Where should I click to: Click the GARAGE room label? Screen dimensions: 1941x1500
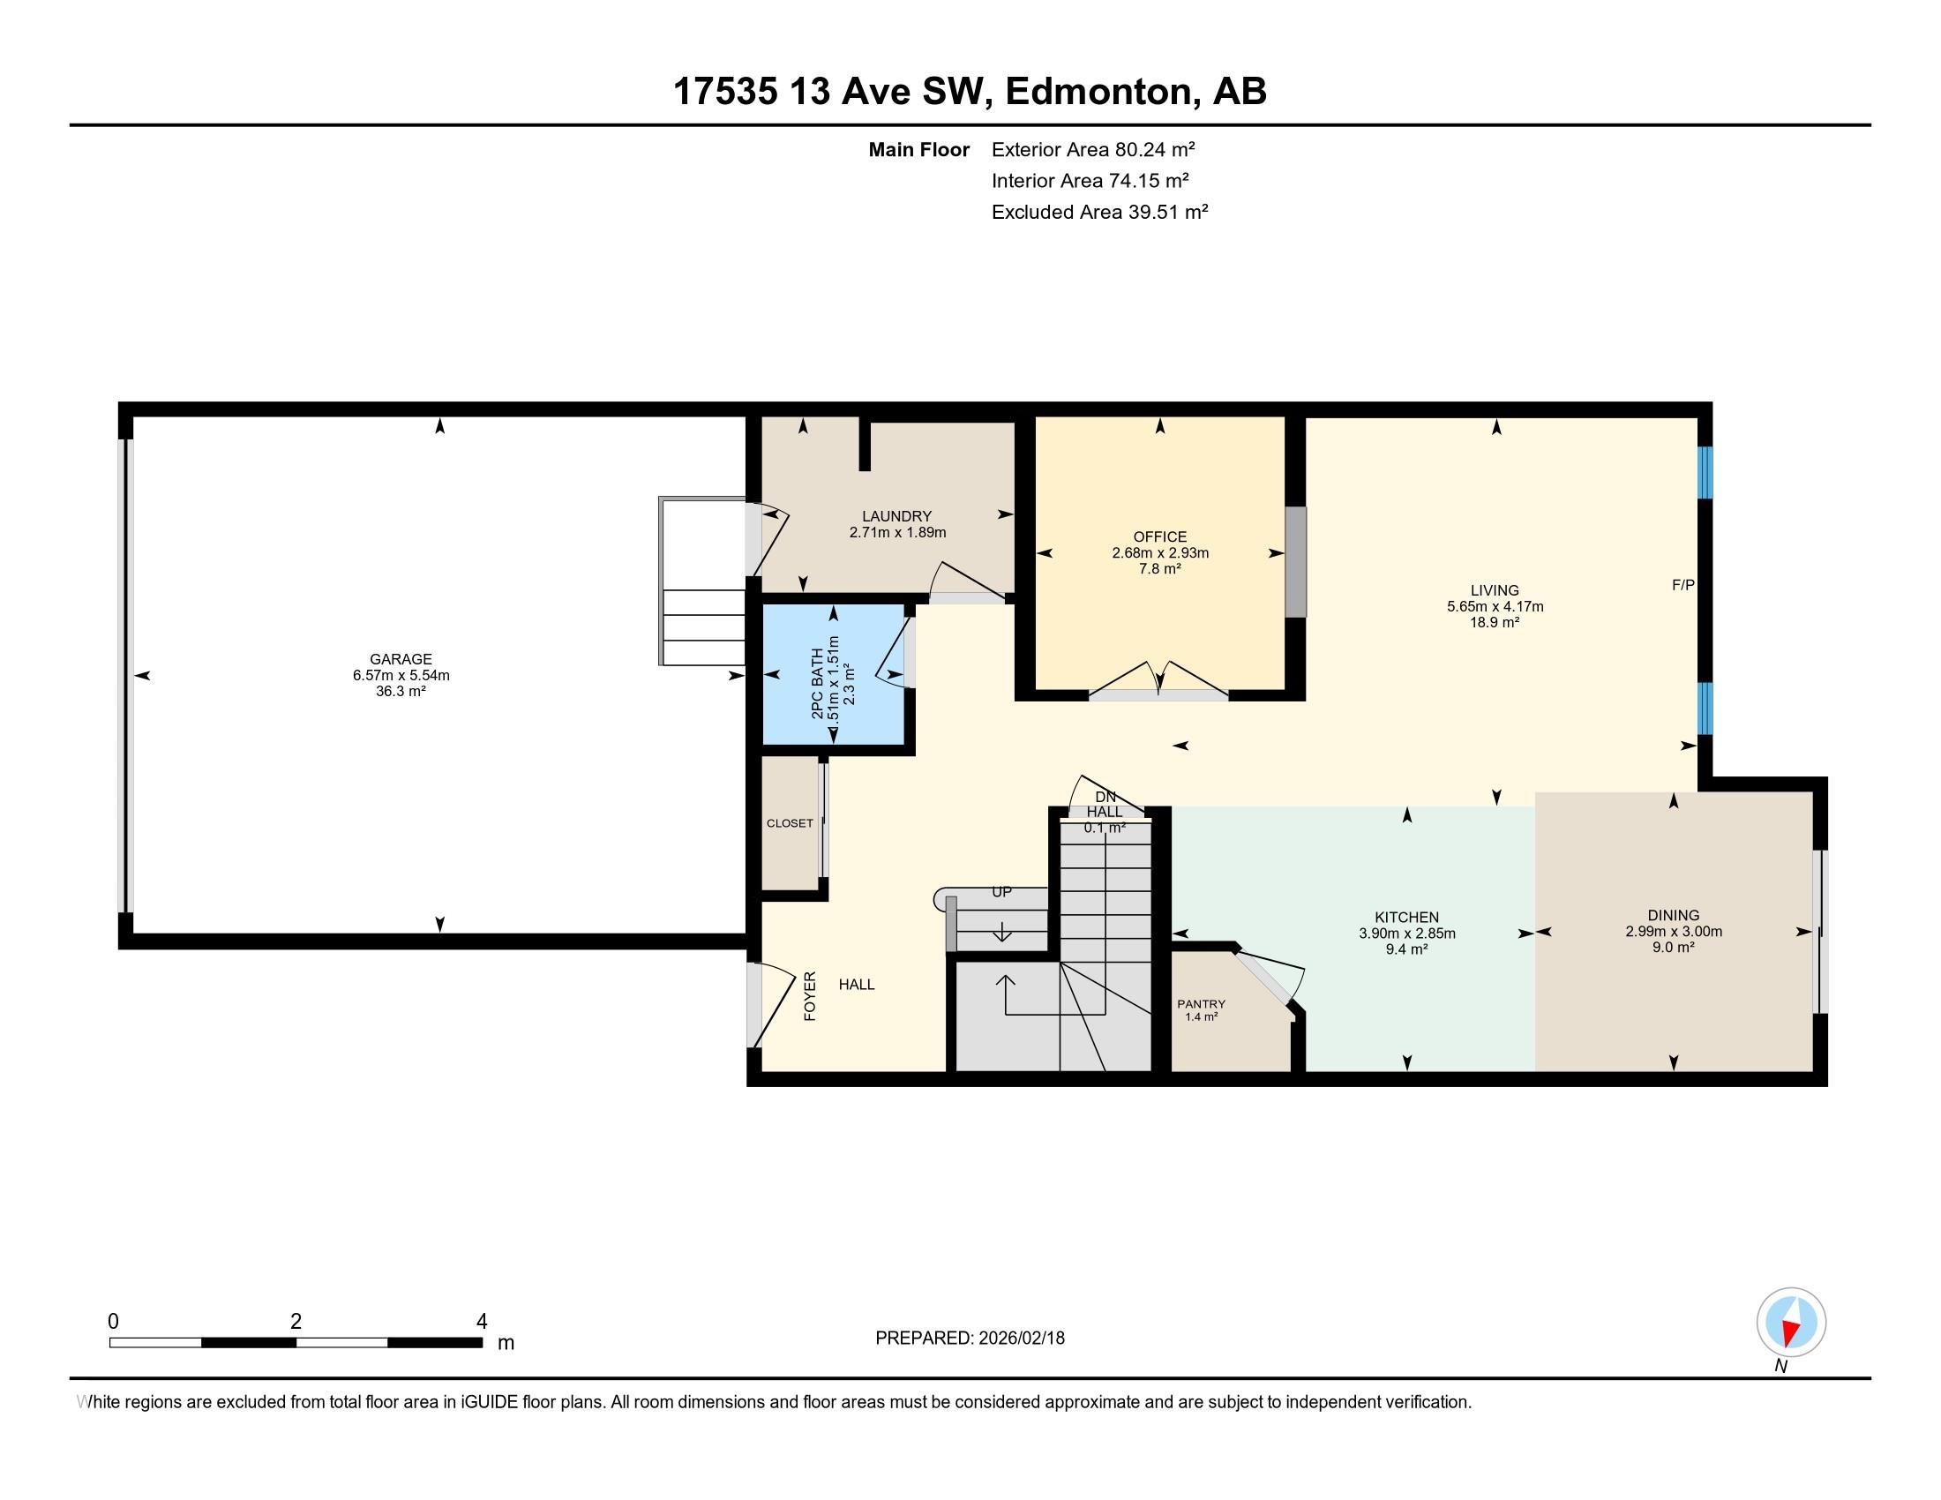tap(401, 659)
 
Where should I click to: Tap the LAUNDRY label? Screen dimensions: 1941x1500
tap(896, 516)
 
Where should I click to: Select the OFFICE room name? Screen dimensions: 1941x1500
tap(1160, 536)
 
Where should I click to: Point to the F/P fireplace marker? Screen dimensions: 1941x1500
tap(1683, 585)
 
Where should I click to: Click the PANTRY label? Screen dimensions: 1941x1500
tap(1202, 1004)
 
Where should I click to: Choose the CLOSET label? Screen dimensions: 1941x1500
tap(791, 823)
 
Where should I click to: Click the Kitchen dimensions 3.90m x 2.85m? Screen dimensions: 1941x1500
tap(1407, 934)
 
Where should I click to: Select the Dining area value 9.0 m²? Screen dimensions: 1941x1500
tap(1674, 948)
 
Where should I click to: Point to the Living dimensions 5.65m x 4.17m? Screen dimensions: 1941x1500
tap(1495, 607)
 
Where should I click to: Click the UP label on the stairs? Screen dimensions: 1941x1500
tap(1001, 892)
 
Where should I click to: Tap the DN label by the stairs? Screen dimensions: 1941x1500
tap(1105, 797)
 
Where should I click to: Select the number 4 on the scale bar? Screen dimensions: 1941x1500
tap(482, 1322)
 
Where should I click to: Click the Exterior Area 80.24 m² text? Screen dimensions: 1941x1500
tap(1093, 149)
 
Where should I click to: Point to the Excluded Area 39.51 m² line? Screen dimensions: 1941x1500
tap(1100, 212)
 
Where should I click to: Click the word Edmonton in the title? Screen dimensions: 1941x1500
tap(1098, 92)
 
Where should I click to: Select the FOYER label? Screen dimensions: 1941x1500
tap(810, 995)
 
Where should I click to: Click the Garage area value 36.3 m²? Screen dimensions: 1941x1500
tap(401, 692)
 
